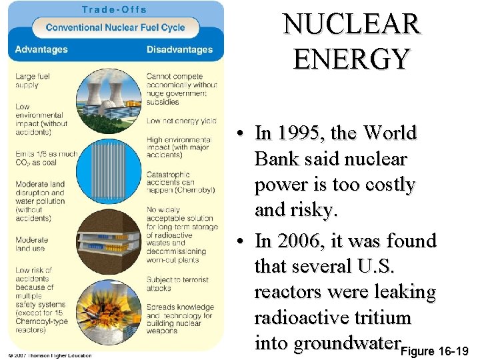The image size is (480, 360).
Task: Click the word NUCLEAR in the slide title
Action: tap(351, 25)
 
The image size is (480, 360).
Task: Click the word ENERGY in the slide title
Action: tap(351, 59)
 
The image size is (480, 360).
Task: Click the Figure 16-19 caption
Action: tap(437, 351)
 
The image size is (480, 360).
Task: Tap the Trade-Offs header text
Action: tap(115, 9)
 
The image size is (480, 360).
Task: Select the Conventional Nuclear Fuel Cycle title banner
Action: tap(115, 28)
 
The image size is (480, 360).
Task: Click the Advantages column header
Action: tap(41, 50)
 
